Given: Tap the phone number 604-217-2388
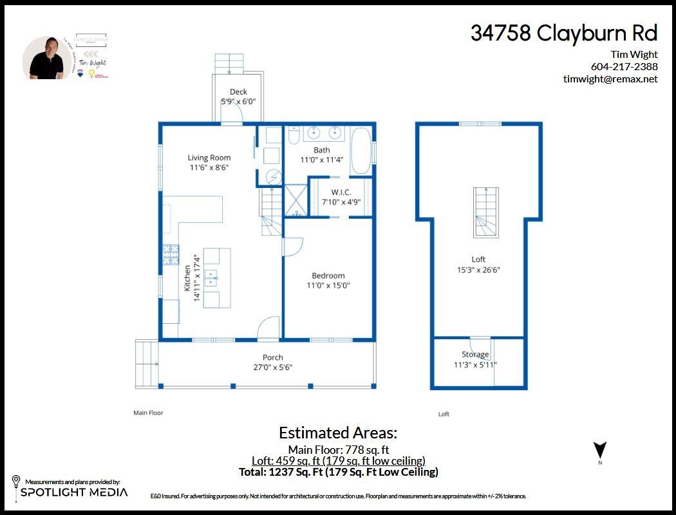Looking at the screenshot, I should tap(624, 66).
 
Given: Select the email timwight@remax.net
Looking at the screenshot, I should tap(610, 79).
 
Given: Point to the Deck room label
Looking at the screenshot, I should tap(238, 92).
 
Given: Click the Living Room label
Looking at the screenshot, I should tap(209, 158).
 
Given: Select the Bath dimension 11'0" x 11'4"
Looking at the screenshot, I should tap(322, 160).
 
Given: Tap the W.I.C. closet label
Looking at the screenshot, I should tap(341, 192).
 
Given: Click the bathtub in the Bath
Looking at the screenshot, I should tap(361, 151).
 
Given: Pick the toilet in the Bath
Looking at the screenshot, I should tap(293, 136).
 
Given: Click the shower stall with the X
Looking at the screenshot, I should tap(296, 200).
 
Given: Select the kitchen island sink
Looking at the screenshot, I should tap(211, 278).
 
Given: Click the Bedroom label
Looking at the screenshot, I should tap(328, 276).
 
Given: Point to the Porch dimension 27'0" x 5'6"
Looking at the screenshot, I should tap(272, 367).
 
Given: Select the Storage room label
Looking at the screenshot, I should tap(475, 355).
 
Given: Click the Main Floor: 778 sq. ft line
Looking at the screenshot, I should tap(338, 449).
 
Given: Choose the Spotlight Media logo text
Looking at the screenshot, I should tap(74, 492).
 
